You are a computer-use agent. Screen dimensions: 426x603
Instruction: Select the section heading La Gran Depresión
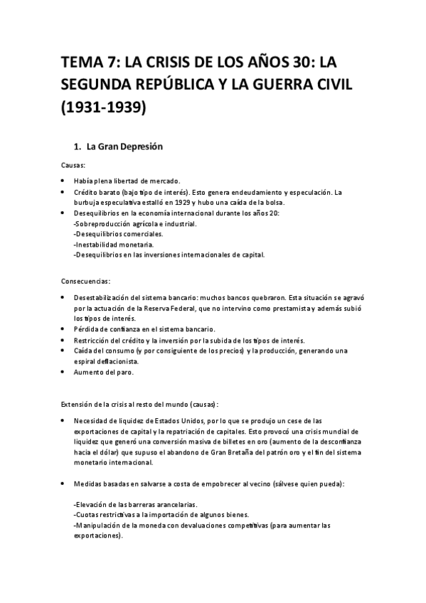tap(124, 147)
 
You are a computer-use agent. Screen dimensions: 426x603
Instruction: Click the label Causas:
tap(73, 165)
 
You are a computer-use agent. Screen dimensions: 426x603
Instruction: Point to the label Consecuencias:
tap(86, 280)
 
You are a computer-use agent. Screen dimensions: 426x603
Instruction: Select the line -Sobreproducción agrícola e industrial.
tap(135, 223)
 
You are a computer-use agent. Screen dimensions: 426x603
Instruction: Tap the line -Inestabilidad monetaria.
tap(112, 244)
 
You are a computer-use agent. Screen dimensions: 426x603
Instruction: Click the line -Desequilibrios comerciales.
tap(117, 234)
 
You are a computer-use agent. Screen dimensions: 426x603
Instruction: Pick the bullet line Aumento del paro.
tap(105, 371)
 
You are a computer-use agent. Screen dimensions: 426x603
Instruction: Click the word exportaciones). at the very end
tap(97, 536)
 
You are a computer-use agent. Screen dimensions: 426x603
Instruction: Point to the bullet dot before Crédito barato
tap(63, 192)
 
